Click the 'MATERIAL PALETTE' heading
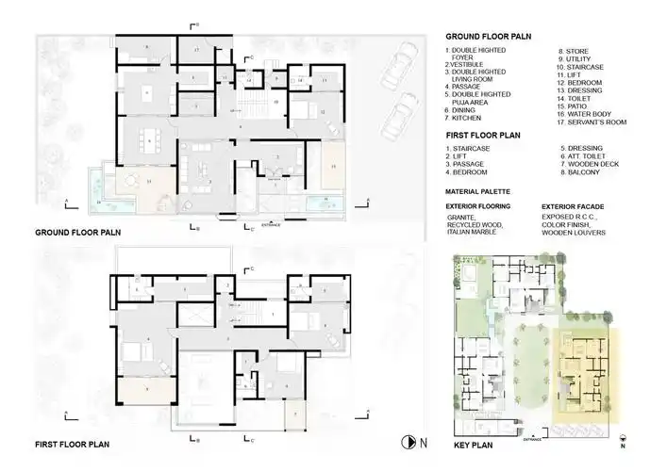coord(484,190)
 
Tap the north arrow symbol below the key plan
coord(622,439)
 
